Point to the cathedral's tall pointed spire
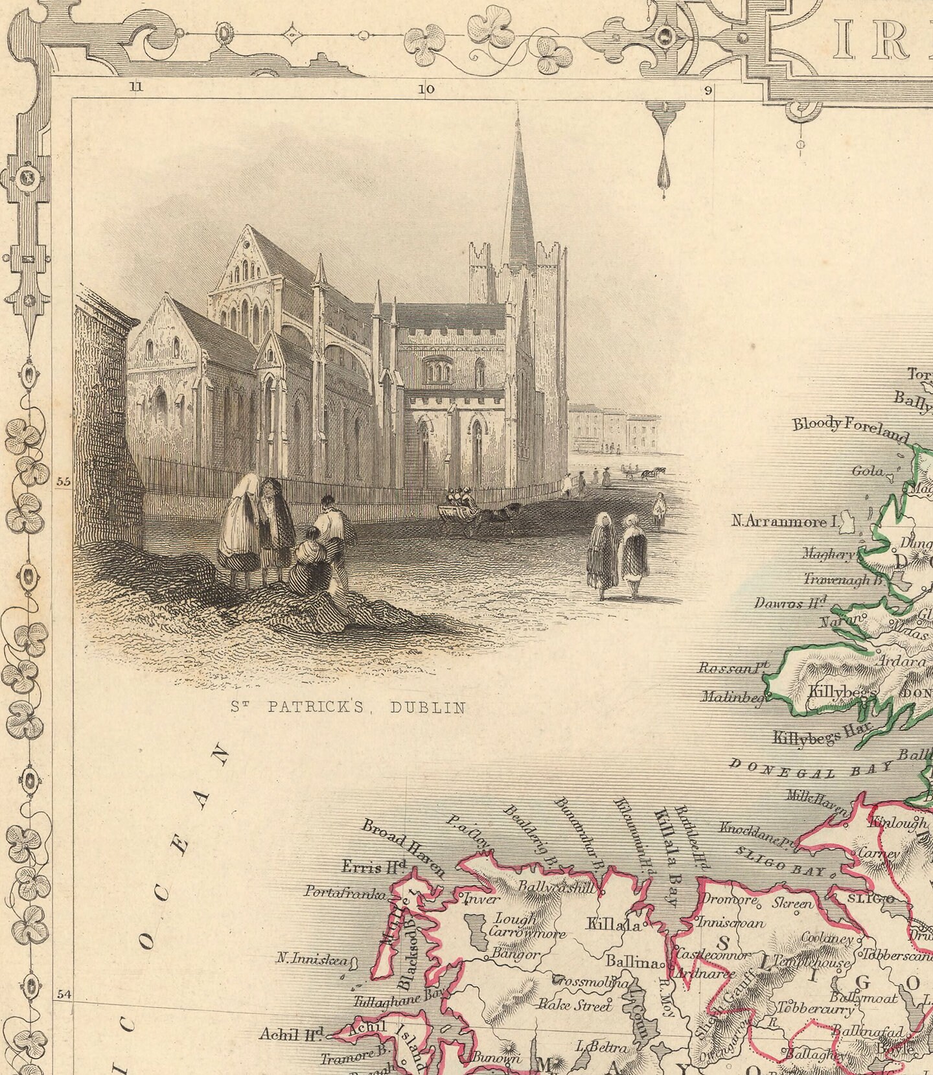(x=518, y=194)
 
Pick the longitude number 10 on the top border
(x=426, y=89)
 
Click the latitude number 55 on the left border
(x=62, y=481)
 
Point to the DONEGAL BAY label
(x=811, y=769)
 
